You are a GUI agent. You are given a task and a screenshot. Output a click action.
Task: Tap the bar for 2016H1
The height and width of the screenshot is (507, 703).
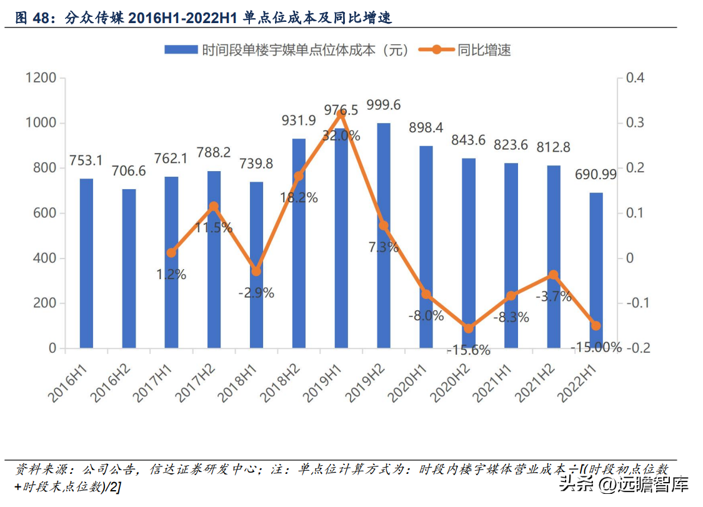(x=86, y=263)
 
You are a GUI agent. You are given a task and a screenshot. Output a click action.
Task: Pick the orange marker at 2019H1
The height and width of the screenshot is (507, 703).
(x=341, y=114)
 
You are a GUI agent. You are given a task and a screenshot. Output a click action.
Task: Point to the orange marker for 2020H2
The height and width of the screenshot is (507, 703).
(x=469, y=328)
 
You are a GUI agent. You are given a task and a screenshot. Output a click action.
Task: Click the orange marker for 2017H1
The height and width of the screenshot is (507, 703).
(x=171, y=253)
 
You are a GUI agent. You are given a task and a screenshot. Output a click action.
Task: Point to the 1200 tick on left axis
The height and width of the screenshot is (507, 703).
(x=41, y=78)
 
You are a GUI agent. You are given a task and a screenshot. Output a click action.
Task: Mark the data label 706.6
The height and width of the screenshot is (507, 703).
(x=129, y=171)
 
